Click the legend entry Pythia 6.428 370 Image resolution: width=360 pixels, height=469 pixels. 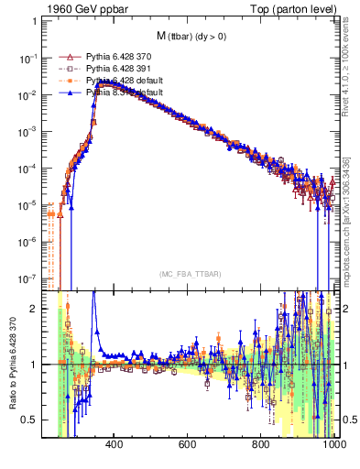click(120, 56)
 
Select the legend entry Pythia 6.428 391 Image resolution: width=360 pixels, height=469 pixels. click(120, 68)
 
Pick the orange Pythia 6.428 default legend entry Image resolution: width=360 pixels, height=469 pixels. click(124, 81)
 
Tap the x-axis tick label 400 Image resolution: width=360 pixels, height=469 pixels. click(115, 446)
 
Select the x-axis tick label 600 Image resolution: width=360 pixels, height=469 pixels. click(188, 446)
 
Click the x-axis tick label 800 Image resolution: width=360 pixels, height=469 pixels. click(262, 446)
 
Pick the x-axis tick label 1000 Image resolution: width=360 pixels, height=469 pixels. click(333, 446)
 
